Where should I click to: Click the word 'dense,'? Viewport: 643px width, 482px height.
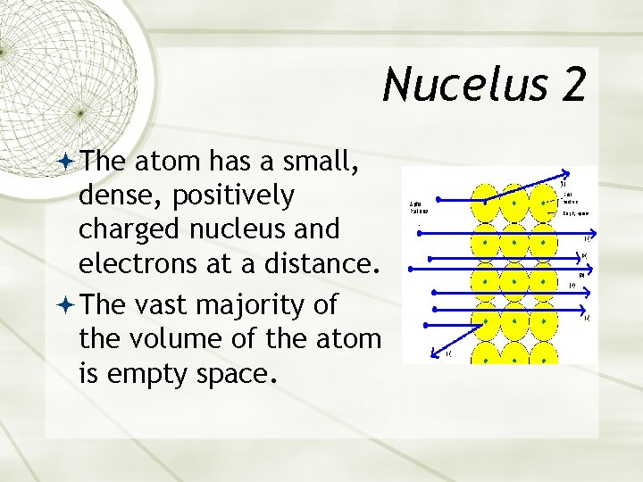pos(117,195)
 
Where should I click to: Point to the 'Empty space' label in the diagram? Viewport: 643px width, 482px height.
pos(576,214)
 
